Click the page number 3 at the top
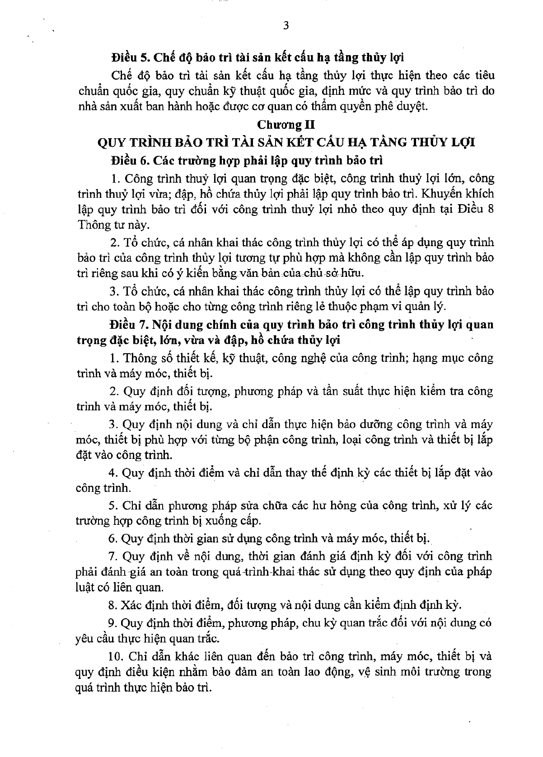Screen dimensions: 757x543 [x=285, y=26]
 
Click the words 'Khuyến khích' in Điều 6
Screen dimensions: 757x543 [x=461, y=194]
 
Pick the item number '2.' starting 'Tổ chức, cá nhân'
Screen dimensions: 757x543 [x=114, y=243]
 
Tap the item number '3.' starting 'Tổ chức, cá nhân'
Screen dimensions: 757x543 [x=114, y=291]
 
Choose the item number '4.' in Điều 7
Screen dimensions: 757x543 [x=114, y=473]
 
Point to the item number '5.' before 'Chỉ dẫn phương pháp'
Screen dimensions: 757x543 [x=114, y=505]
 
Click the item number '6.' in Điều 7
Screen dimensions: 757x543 [x=114, y=538]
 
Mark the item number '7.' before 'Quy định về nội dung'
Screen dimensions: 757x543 [x=114, y=556]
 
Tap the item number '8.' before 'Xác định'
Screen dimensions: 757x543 [x=114, y=605]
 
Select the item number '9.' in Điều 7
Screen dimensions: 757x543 [x=114, y=623]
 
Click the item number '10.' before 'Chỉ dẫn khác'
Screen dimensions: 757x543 [x=117, y=656]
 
